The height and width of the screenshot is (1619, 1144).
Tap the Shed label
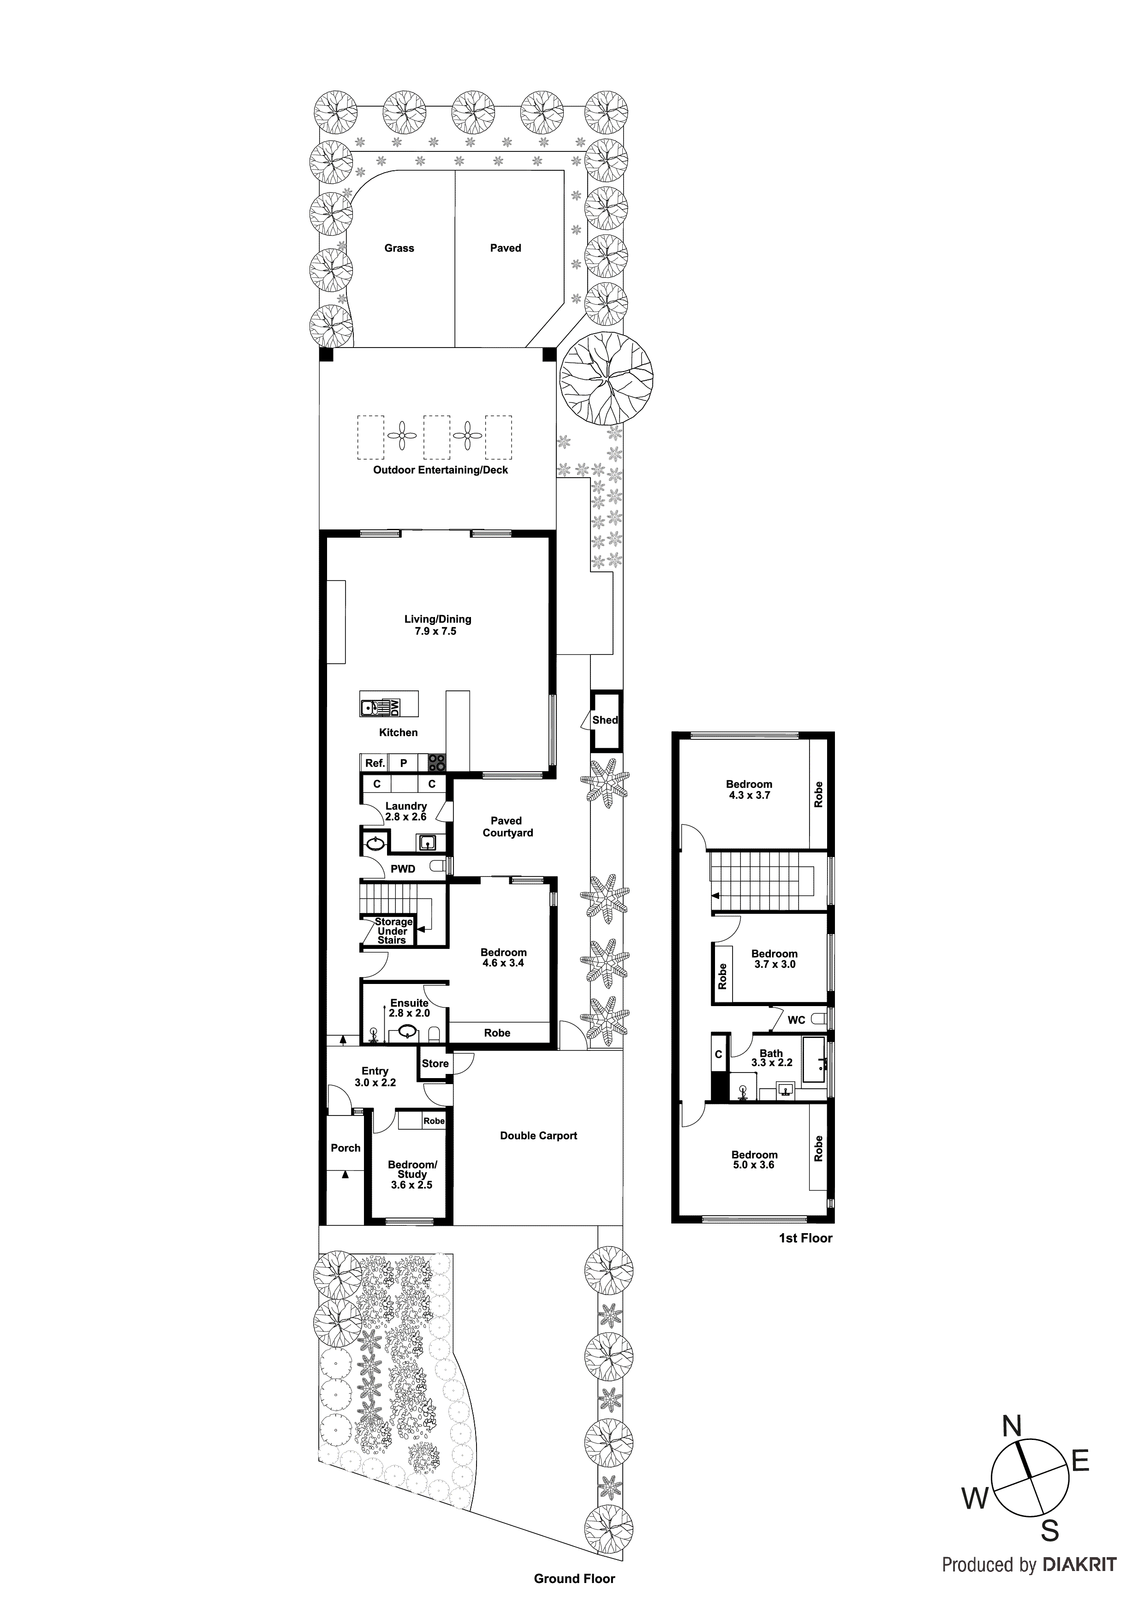[605, 720]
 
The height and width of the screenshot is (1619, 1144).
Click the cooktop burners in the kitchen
[437, 762]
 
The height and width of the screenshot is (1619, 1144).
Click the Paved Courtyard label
[507, 827]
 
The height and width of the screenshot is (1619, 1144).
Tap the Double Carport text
[538, 1135]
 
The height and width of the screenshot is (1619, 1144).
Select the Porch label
[346, 1147]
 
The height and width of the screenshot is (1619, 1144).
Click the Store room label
[435, 1063]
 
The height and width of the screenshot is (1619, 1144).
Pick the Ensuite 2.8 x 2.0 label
[409, 1007]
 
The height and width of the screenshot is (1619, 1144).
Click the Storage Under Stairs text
[393, 931]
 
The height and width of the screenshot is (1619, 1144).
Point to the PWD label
[403, 869]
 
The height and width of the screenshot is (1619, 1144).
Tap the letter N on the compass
[1012, 1427]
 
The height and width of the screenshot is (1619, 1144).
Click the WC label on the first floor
[796, 1019]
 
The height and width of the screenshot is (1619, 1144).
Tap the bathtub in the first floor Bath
[815, 1059]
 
